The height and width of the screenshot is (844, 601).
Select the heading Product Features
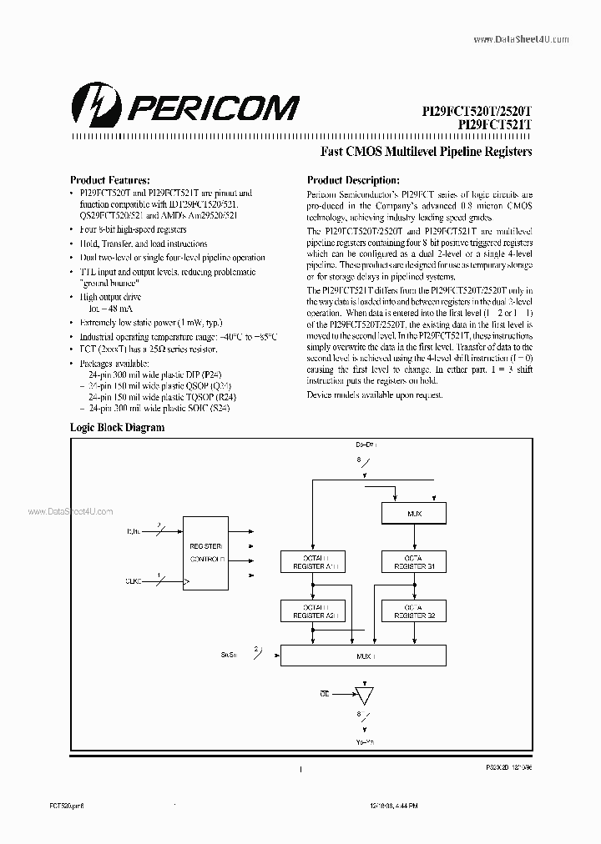coord(109,180)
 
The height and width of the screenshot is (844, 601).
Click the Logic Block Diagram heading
coord(117,427)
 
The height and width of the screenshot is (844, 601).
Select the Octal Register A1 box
coord(310,560)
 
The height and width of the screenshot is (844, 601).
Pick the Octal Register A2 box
coord(310,611)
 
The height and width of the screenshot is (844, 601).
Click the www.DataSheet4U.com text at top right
coord(521,39)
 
